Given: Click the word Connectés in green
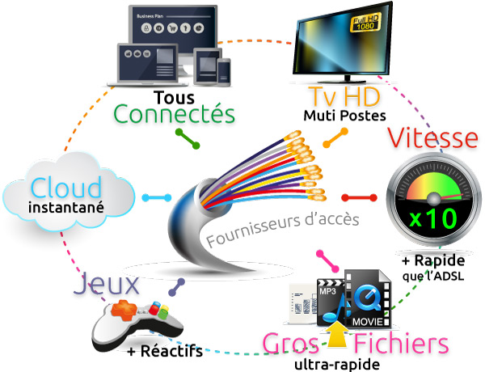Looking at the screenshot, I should [175, 113].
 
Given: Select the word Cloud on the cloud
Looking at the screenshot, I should [67, 188].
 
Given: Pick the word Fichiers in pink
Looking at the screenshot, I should [402, 343].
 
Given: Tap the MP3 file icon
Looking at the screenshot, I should [327, 300].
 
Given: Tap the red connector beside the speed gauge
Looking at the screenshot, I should [360, 197].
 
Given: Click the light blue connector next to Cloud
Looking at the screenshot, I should [156, 197].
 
